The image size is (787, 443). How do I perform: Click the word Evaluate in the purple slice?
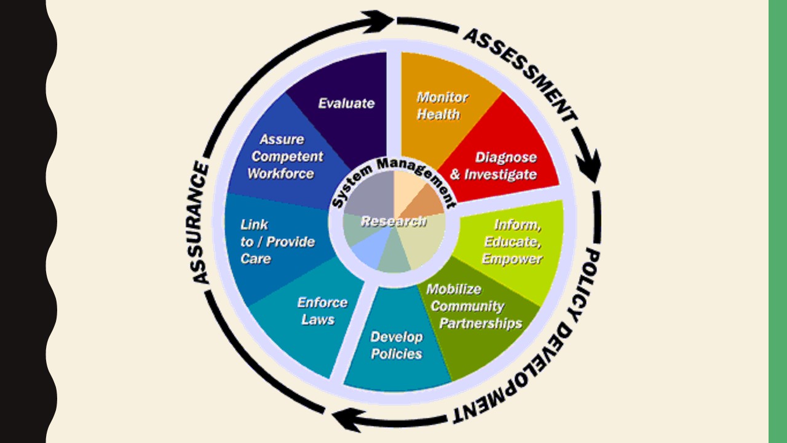346,103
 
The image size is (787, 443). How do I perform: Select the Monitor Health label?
441,105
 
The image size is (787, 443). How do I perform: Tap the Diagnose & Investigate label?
493,166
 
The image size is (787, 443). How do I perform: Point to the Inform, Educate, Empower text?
513,242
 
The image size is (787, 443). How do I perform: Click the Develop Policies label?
397,345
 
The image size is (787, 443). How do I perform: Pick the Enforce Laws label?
322,311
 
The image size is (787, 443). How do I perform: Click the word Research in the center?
393,221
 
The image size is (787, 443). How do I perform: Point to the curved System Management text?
393,179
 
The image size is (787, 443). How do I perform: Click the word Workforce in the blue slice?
280,174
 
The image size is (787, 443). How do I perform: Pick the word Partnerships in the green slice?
481,323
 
